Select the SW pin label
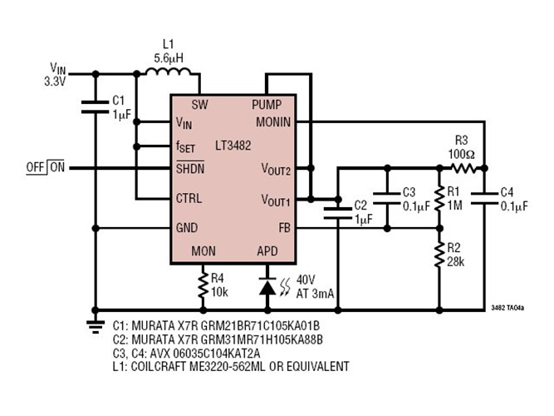199,106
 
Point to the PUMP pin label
267,106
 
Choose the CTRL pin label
189,199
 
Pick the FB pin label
283,226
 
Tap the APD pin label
267,250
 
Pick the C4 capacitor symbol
485,198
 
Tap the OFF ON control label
46,167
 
